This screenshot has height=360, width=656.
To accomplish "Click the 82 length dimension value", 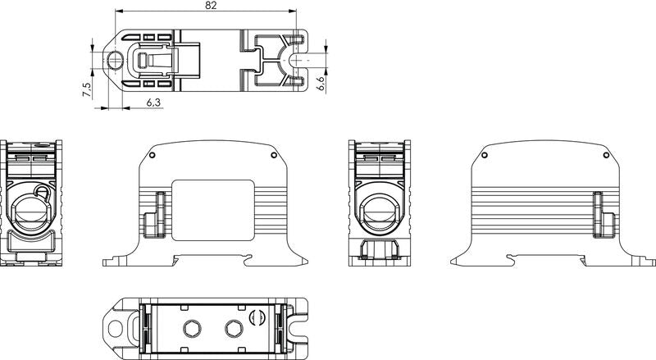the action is coord(212,6).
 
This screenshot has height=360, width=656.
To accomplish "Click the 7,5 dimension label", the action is coord(87,89).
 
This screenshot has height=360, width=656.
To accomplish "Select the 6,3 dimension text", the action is coord(154,102).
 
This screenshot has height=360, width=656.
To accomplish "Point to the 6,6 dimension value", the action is coord(321,84).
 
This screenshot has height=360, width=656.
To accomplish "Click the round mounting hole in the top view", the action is coord(114,61).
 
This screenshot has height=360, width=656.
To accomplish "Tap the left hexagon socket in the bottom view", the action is coord(193,329).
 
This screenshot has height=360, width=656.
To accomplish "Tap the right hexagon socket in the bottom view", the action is coord(234,329).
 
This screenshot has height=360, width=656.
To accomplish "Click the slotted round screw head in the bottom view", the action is coord(257,317).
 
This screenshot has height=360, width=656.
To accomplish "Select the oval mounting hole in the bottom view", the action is coord(116,329).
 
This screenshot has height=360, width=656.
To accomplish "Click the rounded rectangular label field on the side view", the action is coord(213,210).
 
